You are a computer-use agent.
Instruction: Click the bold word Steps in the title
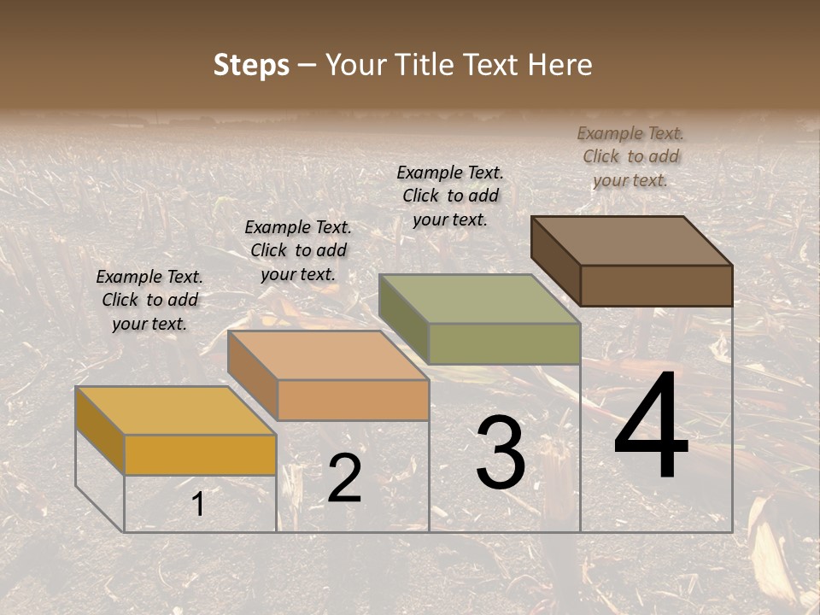(x=251, y=65)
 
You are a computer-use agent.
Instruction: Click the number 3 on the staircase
(x=501, y=453)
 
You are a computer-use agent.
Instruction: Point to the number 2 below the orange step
(x=345, y=478)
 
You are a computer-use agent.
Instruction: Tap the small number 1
(x=198, y=505)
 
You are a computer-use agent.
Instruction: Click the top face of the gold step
(x=175, y=411)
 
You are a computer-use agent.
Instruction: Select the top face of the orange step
(x=328, y=355)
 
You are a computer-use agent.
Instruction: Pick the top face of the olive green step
(x=479, y=299)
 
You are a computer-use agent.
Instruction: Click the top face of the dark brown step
(x=632, y=241)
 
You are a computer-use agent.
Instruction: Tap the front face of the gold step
(x=200, y=454)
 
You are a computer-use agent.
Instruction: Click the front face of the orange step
(x=353, y=400)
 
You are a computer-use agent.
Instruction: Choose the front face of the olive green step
(x=504, y=343)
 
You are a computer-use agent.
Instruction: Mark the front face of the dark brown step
(x=656, y=285)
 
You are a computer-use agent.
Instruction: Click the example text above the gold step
(x=149, y=301)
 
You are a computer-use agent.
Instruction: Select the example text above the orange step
(x=298, y=250)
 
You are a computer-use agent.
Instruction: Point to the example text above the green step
(x=450, y=196)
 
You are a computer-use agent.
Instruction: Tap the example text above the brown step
(x=630, y=156)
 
